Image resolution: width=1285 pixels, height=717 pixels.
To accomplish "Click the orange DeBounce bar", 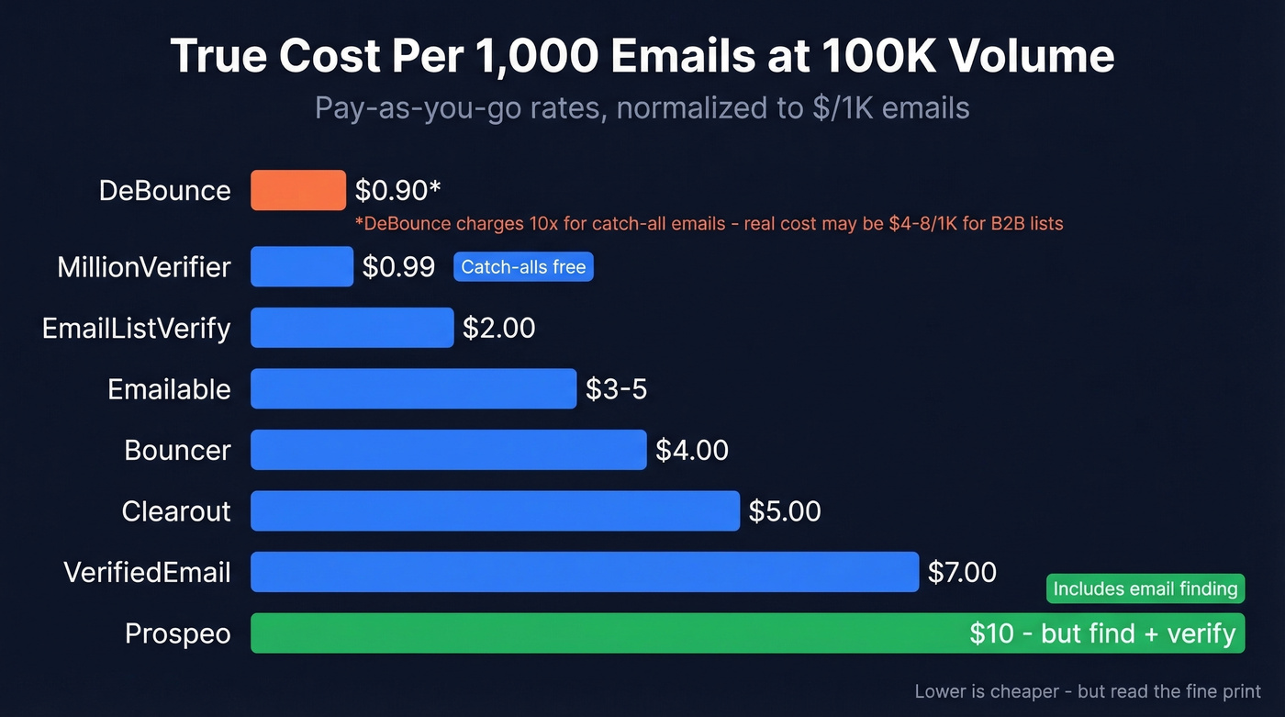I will pos(298,190).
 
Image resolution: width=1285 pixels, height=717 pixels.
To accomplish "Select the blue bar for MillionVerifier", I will pos(302,266).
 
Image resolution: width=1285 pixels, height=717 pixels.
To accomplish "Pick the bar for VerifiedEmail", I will pos(584,572).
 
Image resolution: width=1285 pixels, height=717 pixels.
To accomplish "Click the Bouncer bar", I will pos(448,450).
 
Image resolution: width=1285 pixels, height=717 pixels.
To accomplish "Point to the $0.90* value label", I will pos(398,190).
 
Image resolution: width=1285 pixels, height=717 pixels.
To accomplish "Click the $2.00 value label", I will pos(498,328).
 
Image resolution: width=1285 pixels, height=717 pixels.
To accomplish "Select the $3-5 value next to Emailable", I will pos(616,389).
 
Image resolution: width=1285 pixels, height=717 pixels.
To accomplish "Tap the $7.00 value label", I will pos(962,572).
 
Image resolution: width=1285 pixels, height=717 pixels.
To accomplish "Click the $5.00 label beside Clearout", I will pos(785,511).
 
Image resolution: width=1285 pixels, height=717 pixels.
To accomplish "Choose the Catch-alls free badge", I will pos(523,267).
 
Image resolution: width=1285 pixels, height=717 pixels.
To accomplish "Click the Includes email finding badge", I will pos(1145,588).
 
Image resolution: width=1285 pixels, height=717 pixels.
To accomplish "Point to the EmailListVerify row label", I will pos(137,328).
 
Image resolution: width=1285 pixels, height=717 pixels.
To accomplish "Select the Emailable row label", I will pos(169,389).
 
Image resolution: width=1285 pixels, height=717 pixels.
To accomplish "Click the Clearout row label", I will pos(176,511).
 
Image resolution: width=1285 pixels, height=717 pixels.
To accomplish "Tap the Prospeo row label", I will pos(177,633).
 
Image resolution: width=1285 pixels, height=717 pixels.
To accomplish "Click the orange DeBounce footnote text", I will pos(709,223).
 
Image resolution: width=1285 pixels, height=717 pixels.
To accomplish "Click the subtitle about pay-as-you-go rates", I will pos(642,107).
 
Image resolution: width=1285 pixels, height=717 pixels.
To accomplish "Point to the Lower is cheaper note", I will pos(1088,691).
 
